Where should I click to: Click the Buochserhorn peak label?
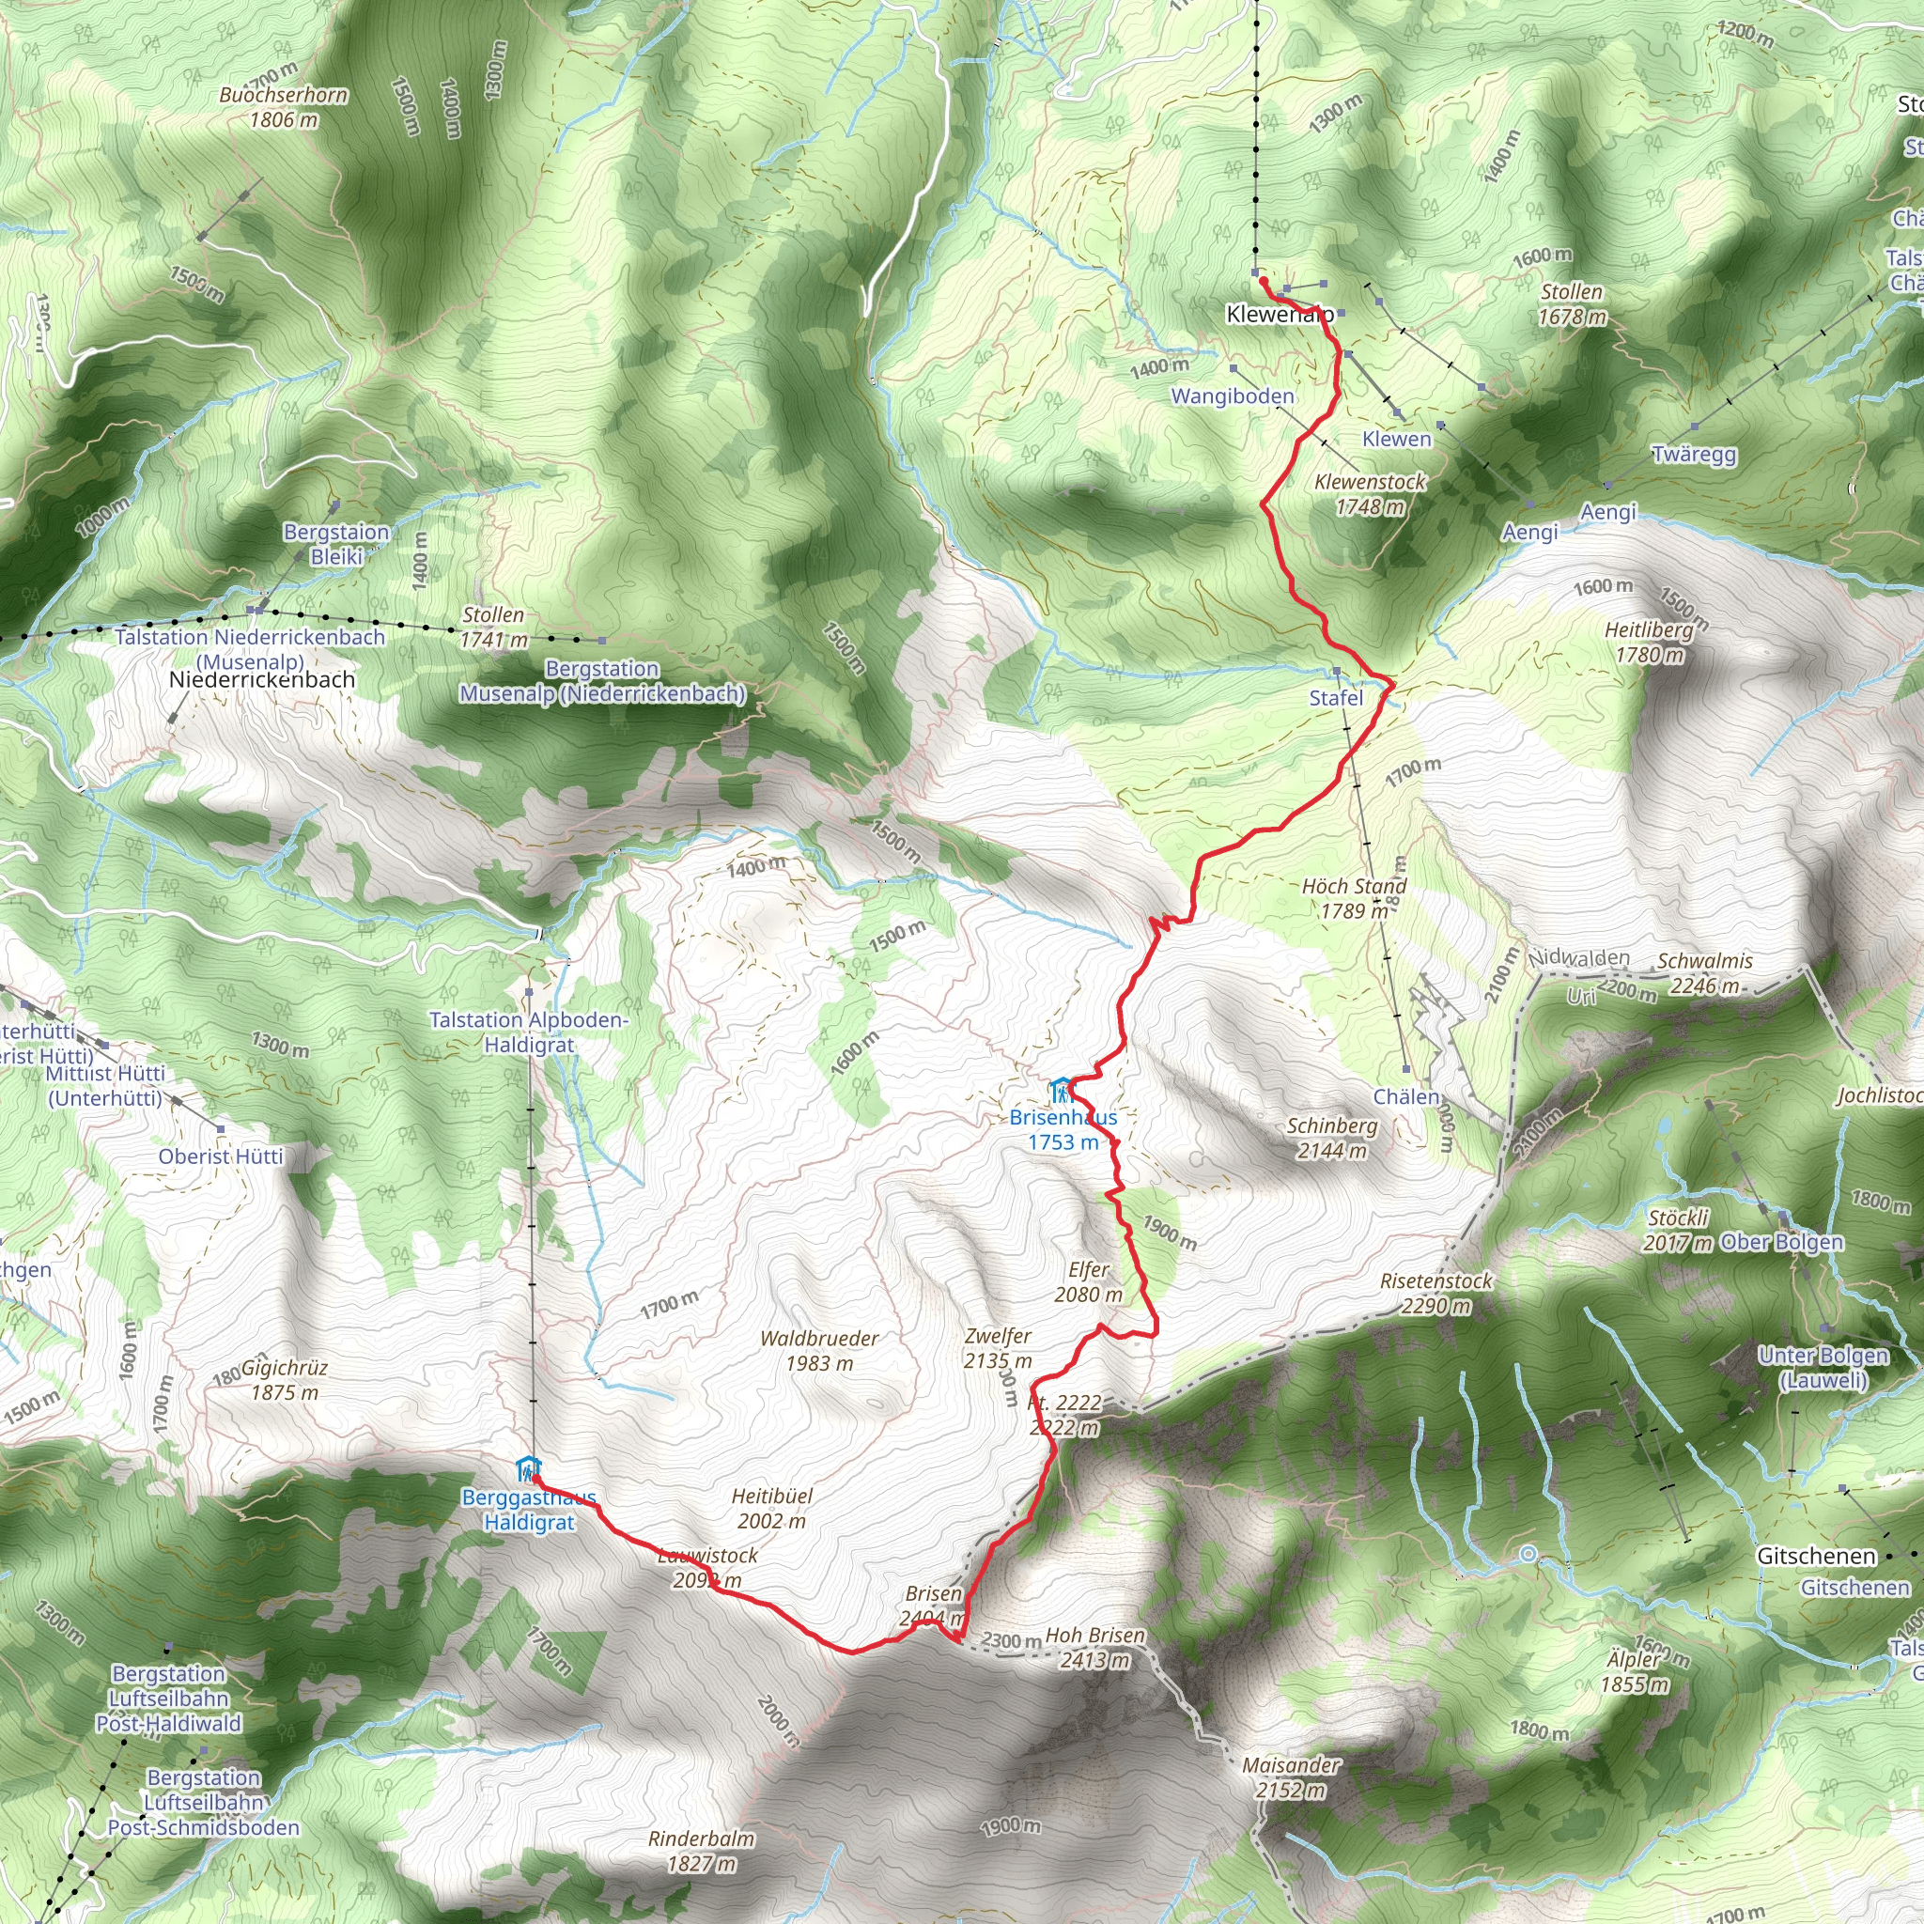coord(284,107)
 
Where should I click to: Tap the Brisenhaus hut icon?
coord(1061,1090)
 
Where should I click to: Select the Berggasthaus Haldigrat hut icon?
coord(528,1469)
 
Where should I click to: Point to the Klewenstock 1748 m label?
coord(1371,494)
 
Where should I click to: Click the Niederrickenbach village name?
coord(262,679)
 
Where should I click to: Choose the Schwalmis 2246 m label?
coord(1705,973)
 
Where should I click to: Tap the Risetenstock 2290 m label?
coord(1436,1293)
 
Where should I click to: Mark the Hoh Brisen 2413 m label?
coord(1095,1647)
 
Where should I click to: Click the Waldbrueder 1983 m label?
coord(818,1350)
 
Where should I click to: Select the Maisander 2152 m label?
coord(1292,1777)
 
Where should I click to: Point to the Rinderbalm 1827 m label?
coord(701,1852)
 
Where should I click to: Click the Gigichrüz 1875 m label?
coord(285,1379)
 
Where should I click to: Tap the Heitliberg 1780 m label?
coord(1649,643)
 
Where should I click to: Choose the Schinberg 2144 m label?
coord(1332,1139)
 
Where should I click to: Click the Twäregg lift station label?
coord(1694,455)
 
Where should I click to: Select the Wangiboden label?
coord(1233,396)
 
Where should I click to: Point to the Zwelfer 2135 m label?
coord(998,1348)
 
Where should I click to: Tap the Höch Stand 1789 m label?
coord(1355,898)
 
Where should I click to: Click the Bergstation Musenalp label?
coord(602,682)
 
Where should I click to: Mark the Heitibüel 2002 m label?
coord(772,1508)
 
